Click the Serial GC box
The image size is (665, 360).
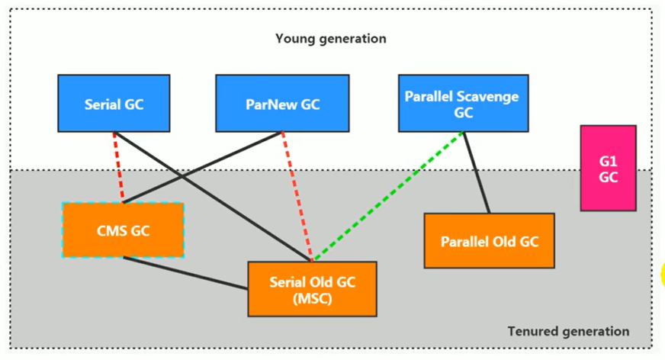[114, 103]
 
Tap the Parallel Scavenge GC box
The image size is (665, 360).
[462, 103]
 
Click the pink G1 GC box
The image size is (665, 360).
[608, 168]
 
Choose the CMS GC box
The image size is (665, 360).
[123, 230]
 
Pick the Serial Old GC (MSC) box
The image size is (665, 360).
[312, 288]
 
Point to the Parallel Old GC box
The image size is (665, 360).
[489, 241]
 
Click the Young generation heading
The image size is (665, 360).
[330, 38]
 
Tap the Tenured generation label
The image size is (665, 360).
[568, 331]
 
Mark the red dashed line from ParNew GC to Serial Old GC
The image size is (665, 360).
[296, 194]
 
